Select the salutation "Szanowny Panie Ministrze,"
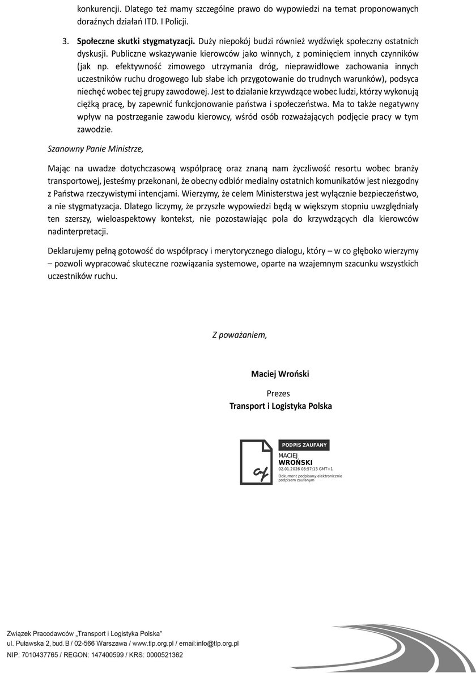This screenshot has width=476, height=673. tap(96, 149)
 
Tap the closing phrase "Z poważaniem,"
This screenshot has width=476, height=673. tap(239, 335)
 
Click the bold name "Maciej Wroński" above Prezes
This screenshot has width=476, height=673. tap(280, 374)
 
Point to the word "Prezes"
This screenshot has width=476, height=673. tap(278, 392)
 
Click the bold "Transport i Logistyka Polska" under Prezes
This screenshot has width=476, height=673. tap(280, 406)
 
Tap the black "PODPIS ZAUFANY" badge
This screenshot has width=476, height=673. tap(304, 446)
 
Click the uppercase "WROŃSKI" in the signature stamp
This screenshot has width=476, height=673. tap(296, 463)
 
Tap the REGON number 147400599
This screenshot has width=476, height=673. tap(103, 655)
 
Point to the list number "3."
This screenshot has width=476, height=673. tap(66, 41)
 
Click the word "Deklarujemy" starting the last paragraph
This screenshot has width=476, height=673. tap(71, 250)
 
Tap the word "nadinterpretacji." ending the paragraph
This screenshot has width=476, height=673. tap(77, 232)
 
